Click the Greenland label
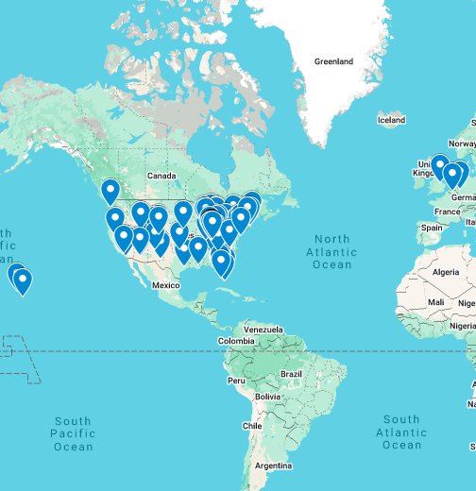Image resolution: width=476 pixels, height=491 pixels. (x=333, y=62)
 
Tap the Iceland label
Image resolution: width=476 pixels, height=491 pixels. (x=391, y=120)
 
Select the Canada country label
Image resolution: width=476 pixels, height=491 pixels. (x=161, y=176)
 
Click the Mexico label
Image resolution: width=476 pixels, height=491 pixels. (x=165, y=284)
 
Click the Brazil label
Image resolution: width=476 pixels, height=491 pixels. (x=291, y=374)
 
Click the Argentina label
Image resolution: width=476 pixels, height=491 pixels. (x=273, y=466)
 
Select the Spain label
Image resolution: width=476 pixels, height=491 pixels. (x=432, y=228)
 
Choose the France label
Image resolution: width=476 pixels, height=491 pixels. (x=448, y=212)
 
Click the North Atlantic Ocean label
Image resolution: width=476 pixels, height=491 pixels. (x=332, y=252)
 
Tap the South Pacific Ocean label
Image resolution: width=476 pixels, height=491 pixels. (x=73, y=433)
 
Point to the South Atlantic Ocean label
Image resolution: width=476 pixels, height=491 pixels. (x=402, y=432)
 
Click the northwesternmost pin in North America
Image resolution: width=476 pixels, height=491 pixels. (x=110, y=192)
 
